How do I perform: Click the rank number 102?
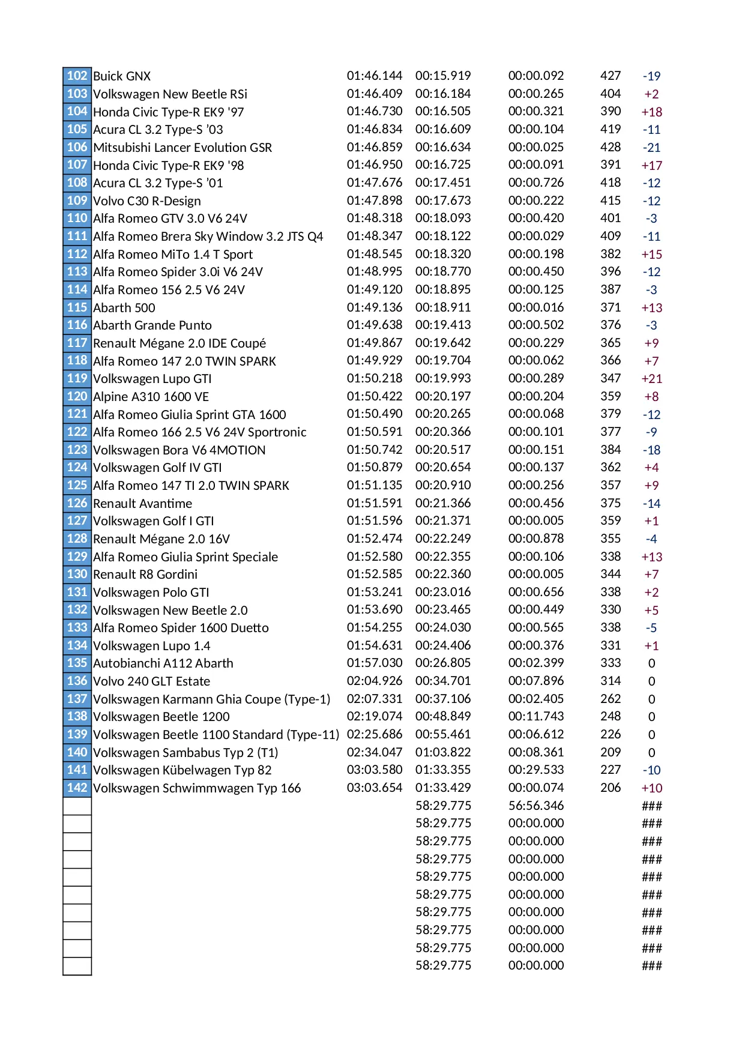click(x=77, y=76)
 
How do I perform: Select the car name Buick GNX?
click(x=122, y=76)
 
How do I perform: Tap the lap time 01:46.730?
click(x=374, y=111)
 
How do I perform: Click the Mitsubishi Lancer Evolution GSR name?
click(x=182, y=148)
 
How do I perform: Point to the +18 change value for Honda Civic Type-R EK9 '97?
click(x=651, y=112)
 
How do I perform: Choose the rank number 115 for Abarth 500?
click(x=77, y=307)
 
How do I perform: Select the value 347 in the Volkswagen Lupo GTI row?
click(x=611, y=378)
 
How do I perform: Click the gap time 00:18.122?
click(x=443, y=236)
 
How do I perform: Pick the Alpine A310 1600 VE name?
click(x=151, y=397)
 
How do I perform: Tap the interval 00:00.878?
click(x=535, y=539)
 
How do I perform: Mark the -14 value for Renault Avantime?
click(x=651, y=504)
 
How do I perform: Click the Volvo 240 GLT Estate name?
click(x=151, y=681)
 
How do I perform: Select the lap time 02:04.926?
click(x=374, y=681)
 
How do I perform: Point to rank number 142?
click(x=77, y=788)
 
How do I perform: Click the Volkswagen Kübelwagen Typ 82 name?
click(x=182, y=770)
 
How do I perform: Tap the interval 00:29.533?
click(x=535, y=770)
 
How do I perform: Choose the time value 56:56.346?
click(x=535, y=806)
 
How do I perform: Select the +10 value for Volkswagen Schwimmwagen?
click(x=651, y=788)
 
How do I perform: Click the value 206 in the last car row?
click(x=611, y=788)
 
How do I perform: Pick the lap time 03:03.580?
click(x=374, y=770)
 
